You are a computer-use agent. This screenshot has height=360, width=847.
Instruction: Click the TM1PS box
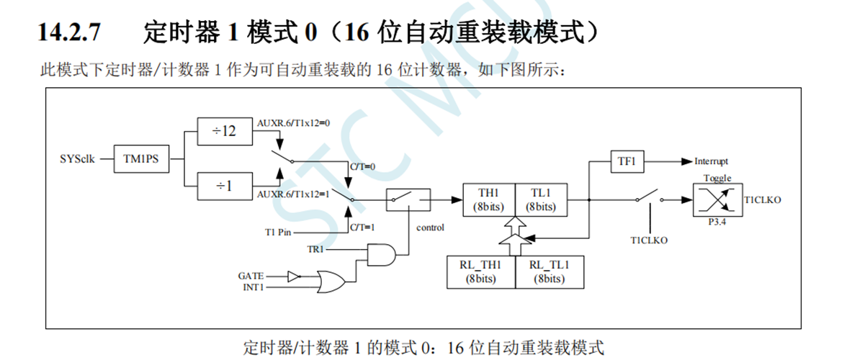click(141, 158)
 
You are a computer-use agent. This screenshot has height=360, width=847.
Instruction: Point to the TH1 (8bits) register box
click(488, 199)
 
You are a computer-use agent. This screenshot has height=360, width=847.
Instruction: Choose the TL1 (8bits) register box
click(540, 199)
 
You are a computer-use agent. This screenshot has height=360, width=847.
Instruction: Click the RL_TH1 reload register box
click(480, 271)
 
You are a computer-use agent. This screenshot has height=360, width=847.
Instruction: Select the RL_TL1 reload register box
click(549, 271)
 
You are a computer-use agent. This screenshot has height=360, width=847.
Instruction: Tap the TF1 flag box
click(627, 161)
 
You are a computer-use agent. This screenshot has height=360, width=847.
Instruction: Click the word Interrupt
click(712, 161)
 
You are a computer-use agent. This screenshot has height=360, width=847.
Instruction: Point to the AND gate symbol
click(381, 254)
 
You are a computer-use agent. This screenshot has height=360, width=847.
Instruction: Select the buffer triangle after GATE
click(293, 276)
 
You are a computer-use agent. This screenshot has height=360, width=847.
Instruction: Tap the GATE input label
click(251, 276)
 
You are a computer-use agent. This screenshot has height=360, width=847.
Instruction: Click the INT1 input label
click(251, 287)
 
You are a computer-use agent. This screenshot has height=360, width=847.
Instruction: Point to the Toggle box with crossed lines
click(715, 199)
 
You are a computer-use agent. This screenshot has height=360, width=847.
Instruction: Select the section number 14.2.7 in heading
click(71, 32)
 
